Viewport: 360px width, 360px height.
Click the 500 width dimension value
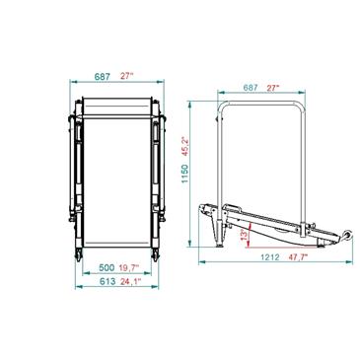pos(107,267)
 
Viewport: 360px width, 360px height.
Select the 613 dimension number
pos(108,281)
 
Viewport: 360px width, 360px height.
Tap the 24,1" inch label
pos(130,281)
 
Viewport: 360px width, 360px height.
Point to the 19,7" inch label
pos(129,267)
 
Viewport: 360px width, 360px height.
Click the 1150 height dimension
pos(185,174)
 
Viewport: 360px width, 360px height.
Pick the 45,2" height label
pos(185,146)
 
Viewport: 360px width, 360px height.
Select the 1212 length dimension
pos(269,257)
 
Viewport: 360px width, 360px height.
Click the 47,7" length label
pos(298,257)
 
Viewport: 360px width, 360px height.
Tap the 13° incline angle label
pos(244,235)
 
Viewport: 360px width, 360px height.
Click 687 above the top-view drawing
pos(103,77)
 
